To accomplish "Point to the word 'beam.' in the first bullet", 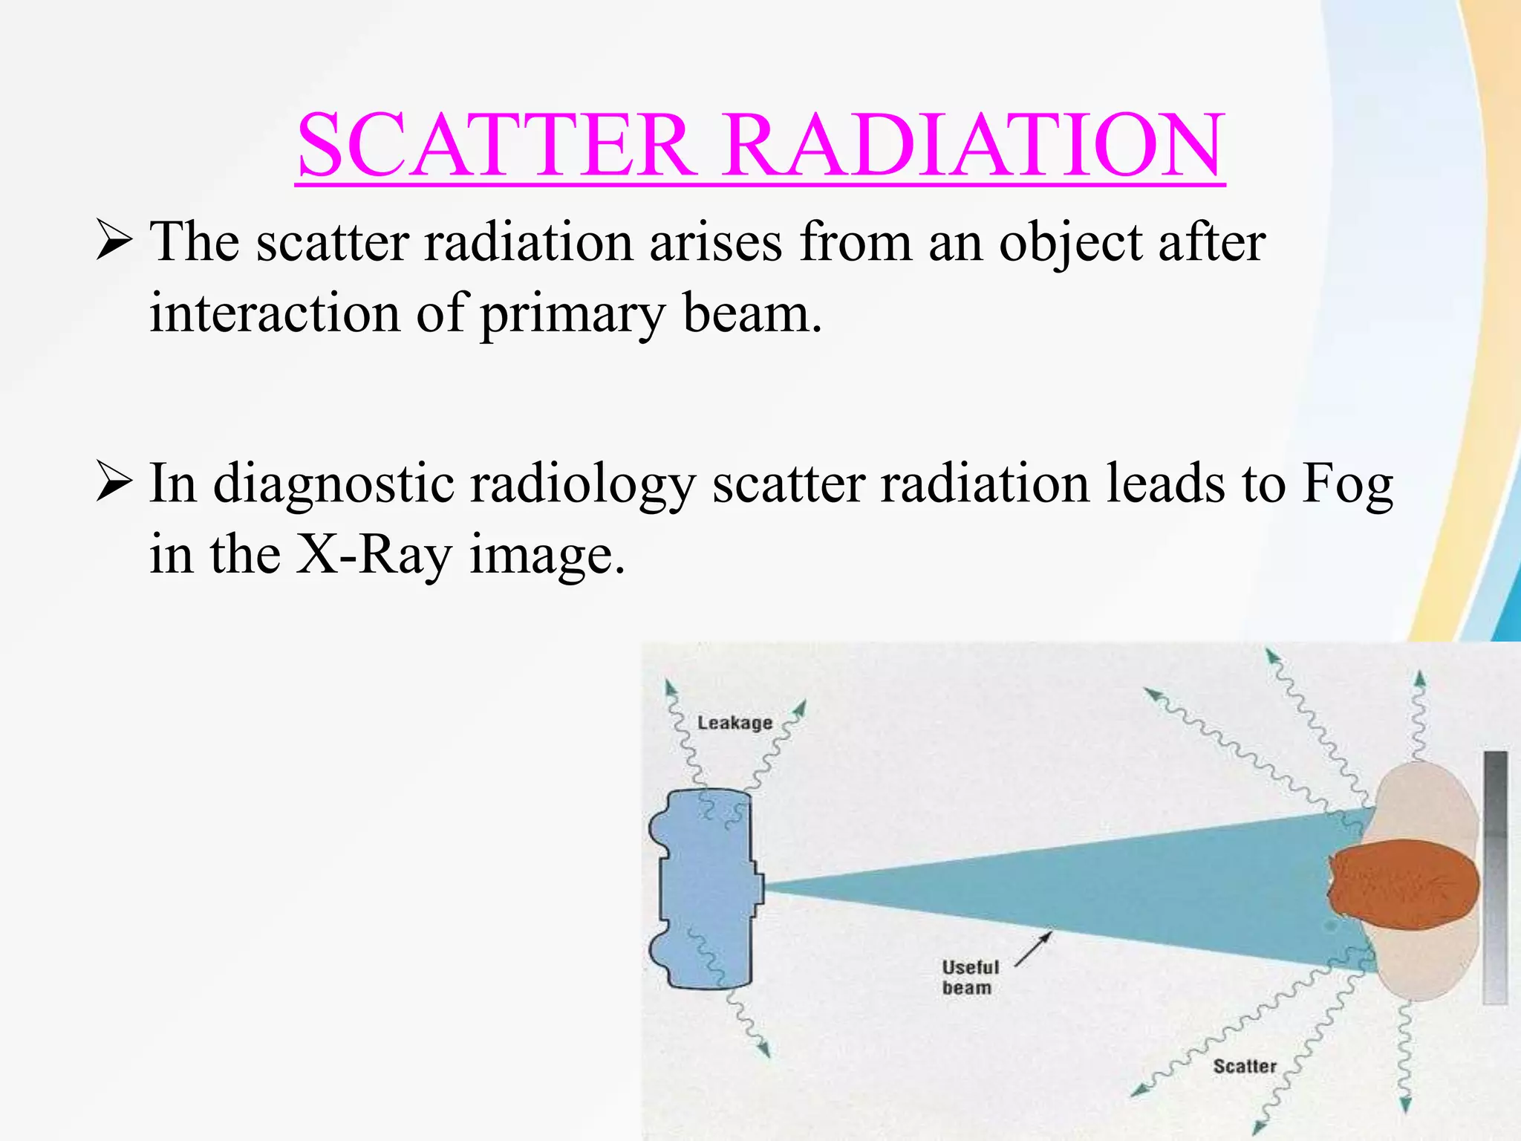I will [x=752, y=313].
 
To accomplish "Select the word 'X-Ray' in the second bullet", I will [x=374, y=556].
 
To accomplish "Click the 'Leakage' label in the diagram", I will [x=735, y=723].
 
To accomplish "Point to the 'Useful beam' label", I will [x=970, y=977].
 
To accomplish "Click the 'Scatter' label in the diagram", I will [x=1244, y=1066].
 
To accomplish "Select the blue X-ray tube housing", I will [x=706, y=888].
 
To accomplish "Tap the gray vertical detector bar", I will [x=1495, y=877].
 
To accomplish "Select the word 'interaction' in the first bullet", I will [x=275, y=313].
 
